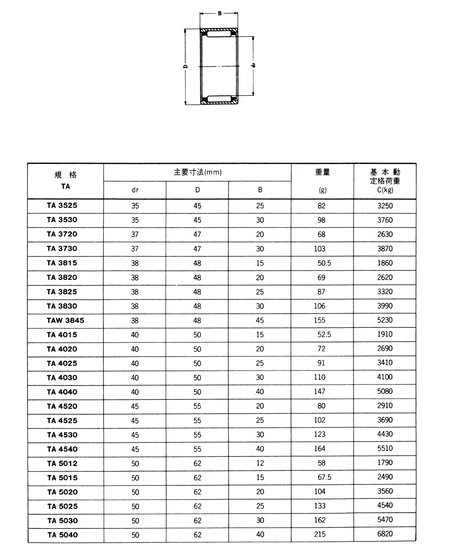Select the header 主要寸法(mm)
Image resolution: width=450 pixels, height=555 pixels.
[x=197, y=172]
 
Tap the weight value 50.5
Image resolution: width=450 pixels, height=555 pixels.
[x=324, y=263]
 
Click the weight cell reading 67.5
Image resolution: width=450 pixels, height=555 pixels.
[x=324, y=477]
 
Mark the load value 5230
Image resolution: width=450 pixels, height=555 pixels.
[x=385, y=320]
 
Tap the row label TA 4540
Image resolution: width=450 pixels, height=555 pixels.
[x=62, y=449]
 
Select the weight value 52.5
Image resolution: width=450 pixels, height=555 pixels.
[x=324, y=335]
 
